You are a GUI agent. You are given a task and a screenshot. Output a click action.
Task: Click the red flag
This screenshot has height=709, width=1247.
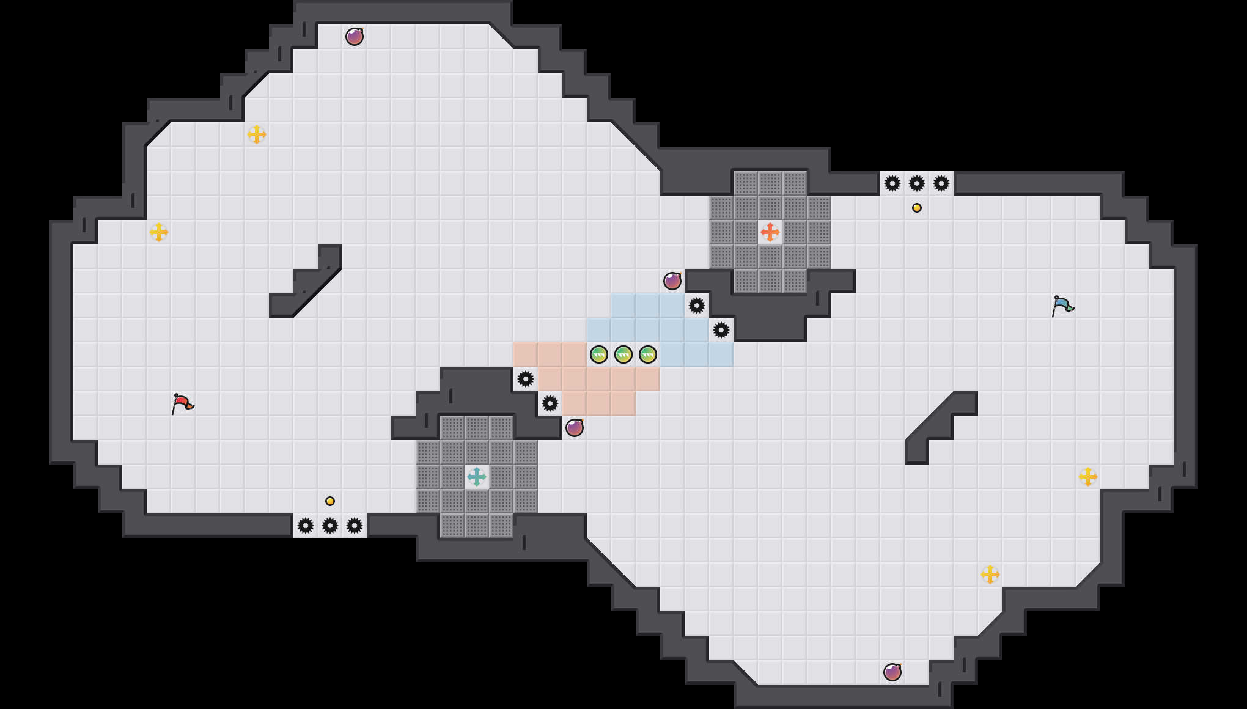click(182, 403)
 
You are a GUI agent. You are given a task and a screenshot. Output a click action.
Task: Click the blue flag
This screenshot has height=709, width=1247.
click(1062, 306)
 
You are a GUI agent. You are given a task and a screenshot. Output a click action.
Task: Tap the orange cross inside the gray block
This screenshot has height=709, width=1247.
click(770, 232)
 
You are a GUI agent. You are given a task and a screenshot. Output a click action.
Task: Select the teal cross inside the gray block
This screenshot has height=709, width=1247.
click(477, 477)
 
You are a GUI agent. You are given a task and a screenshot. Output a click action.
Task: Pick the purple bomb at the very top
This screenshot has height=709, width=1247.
click(355, 37)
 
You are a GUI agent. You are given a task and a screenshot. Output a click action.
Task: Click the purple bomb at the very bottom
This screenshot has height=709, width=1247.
click(892, 672)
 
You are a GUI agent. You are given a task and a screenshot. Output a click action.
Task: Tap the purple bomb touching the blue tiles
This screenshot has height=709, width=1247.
click(672, 281)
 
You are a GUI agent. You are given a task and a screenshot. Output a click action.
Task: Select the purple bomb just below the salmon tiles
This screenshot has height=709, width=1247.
click(575, 428)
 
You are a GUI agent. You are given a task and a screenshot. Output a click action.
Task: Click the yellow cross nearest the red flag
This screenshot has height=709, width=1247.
click(159, 232)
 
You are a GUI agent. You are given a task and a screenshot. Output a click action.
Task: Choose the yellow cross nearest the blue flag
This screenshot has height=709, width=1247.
click(1088, 477)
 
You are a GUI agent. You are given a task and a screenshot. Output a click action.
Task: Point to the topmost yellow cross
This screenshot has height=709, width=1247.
click(257, 134)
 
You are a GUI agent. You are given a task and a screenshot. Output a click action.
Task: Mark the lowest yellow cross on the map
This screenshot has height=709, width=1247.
click(990, 575)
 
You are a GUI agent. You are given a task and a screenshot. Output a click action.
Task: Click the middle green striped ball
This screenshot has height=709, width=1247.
click(623, 354)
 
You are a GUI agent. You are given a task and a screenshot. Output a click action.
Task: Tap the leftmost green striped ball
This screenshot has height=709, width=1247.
click(599, 354)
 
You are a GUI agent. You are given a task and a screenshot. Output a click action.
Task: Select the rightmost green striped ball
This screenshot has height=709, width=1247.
click(648, 354)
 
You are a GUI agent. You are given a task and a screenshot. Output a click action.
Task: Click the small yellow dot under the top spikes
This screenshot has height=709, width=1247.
click(917, 208)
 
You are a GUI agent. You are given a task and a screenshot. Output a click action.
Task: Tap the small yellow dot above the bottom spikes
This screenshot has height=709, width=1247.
click(330, 501)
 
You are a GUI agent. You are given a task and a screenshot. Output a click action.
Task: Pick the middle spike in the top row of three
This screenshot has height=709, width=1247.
click(917, 183)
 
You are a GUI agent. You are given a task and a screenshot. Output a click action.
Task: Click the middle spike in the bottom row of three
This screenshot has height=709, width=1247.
click(330, 526)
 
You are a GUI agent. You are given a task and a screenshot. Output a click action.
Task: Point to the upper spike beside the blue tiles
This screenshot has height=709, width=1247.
click(697, 306)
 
